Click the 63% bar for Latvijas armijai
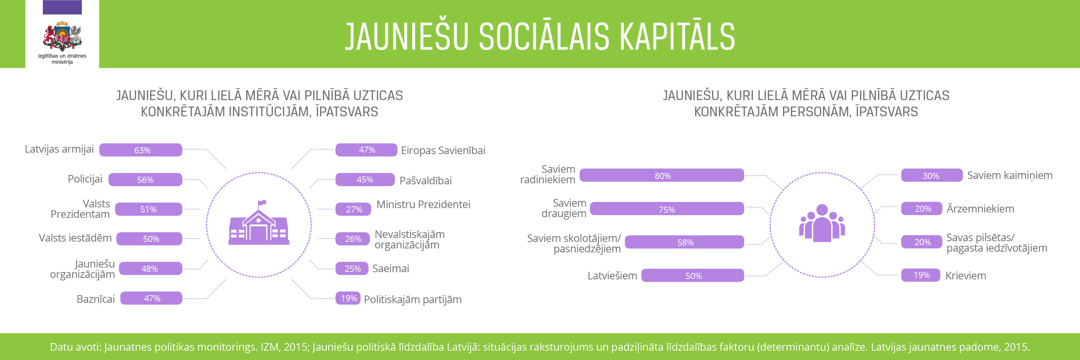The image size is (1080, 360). tap(141, 150)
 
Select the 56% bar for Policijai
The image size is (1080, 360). tap(145, 179)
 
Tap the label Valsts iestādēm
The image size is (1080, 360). tap(76, 238)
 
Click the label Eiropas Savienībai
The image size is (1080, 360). tap(443, 150)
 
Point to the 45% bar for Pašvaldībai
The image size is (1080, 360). tap(365, 179)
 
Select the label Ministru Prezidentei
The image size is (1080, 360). tap(423, 204)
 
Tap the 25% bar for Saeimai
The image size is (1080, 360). tap(352, 269)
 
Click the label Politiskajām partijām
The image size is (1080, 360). tap(413, 300)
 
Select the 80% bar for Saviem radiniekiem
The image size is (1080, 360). tap(662, 175)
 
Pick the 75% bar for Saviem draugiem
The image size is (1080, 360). tap(667, 209)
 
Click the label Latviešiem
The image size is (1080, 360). tap(612, 276)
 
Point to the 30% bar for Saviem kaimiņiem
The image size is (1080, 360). tap(932, 175)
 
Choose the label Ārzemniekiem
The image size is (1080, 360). tap(980, 208)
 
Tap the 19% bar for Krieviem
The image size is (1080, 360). tap(921, 275)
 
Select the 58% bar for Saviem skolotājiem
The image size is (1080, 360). tap(684, 242)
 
